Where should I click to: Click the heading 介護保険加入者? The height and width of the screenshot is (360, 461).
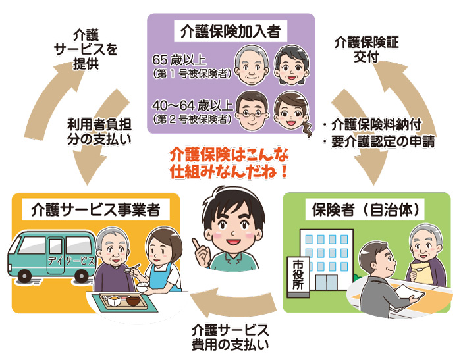pyautogui.click(x=230, y=30)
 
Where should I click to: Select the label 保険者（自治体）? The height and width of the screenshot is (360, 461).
pyautogui.click(x=366, y=210)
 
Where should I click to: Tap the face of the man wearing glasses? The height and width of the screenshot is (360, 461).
pyautogui.click(x=250, y=110)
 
